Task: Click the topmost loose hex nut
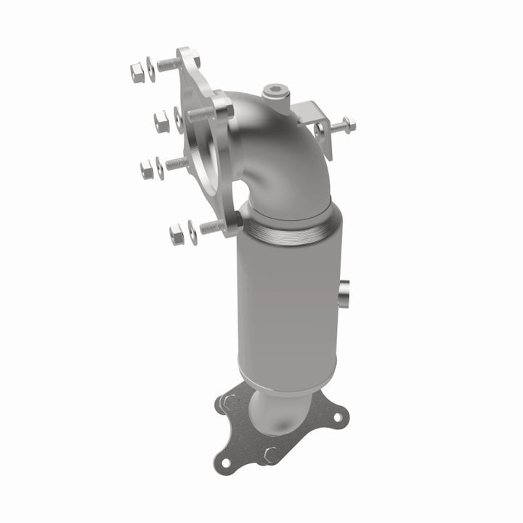[137, 72]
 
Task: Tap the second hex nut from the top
[161, 123]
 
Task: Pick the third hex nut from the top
[147, 170]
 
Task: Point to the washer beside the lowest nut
[192, 231]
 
